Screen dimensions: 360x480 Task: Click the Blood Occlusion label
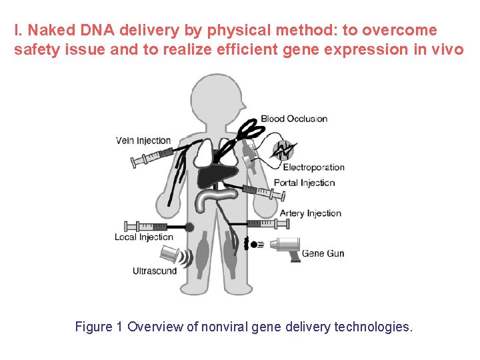[294, 119]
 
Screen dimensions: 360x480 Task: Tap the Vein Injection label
[143, 141]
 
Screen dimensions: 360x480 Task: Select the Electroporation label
[313, 167]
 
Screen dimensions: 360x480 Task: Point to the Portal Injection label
[304, 183]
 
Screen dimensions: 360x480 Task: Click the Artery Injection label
[310, 213]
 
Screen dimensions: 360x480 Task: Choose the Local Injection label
[143, 237]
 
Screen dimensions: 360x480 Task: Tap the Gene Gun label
[323, 253]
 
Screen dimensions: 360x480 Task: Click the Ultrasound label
[155, 271]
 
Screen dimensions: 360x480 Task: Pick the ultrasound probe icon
[173, 255]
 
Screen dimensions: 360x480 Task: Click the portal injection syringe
[264, 192]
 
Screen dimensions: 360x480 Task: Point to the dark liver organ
[218, 174]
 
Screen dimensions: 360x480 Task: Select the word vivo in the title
[448, 49]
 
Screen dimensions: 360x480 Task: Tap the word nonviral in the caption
[227, 327]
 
